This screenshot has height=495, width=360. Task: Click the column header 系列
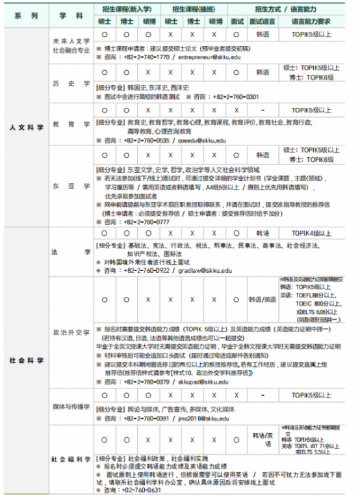click(x=26, y=14)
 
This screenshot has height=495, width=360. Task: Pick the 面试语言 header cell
click(x=263, y=21)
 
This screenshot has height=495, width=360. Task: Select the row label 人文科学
click(x=27, y=127)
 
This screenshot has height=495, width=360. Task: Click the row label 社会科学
click(x=27, y=359)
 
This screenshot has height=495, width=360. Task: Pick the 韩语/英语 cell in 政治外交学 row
click(x=263, y=299)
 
